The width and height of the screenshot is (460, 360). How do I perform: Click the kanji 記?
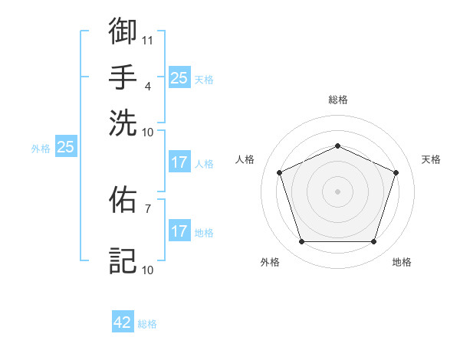[123, 260]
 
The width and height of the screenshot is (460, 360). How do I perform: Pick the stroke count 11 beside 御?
[147, 39]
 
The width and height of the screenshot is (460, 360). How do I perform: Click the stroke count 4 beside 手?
[147, 85]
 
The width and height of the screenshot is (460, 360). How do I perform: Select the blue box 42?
[123, 322]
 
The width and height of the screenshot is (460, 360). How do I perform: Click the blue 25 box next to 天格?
[179, 78]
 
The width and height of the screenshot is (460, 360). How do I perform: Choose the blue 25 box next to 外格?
[65, 147]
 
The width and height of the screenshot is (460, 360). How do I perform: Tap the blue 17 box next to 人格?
[179, 162]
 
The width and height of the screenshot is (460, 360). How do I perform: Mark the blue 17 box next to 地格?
[179, 231]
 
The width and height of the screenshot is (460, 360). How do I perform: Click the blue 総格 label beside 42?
[147, 324]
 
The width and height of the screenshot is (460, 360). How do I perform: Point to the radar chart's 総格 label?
[337, 100]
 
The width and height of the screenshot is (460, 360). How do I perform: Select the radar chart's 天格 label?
[431, 159]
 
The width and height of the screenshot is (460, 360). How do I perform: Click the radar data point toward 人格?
[279, 172]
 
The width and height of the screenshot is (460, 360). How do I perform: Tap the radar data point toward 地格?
[373, 242]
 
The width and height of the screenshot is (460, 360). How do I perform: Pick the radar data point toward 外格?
[301, 242]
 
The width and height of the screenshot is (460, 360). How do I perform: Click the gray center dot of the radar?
[337, 191]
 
